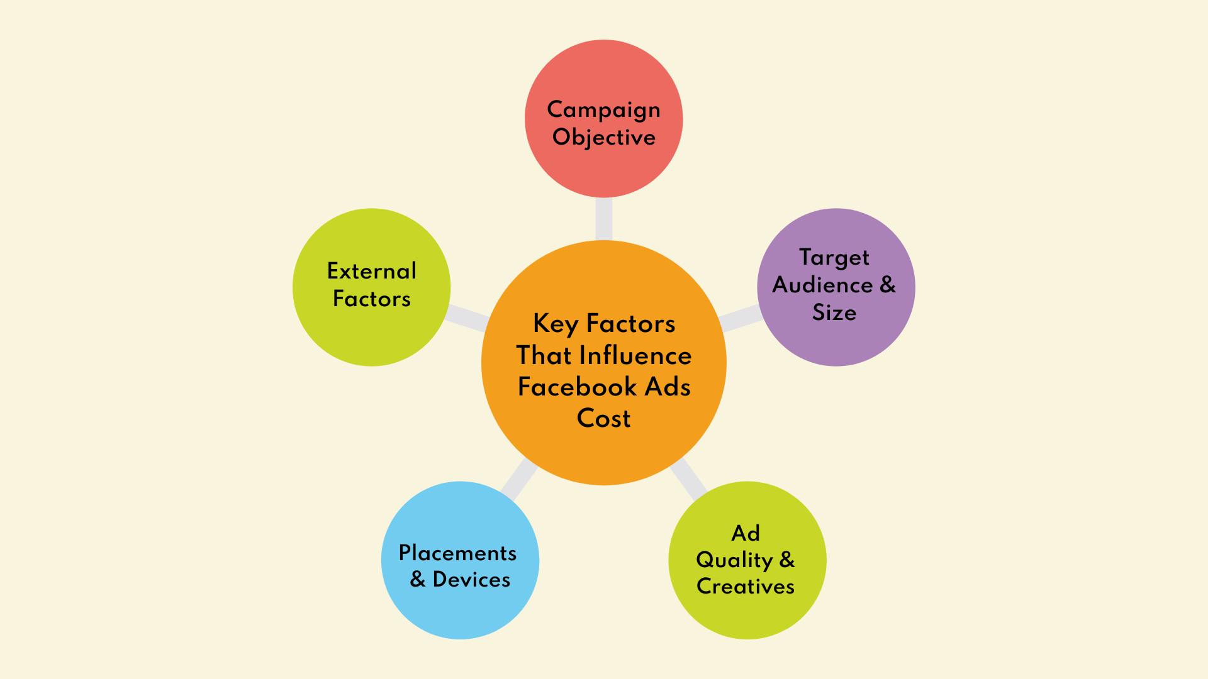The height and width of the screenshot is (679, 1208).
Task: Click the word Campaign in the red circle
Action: coord(603,110)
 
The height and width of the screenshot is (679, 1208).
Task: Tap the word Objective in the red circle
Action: coord(603,138)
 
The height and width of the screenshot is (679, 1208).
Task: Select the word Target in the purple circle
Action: coord(834,258)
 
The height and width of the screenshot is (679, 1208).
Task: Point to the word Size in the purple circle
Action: coord(834,312)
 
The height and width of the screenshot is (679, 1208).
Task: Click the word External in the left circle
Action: coord(371,272)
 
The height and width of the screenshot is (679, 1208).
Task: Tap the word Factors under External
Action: coord(371,299)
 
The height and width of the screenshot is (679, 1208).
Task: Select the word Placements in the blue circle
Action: coord(457,553)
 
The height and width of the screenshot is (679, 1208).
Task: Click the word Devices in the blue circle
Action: coord(471,580)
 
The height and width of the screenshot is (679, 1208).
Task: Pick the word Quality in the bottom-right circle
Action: coord(734,560)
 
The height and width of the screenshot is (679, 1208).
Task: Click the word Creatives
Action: coord(746,587)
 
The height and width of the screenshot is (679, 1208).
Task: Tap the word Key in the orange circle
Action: coord(555,324)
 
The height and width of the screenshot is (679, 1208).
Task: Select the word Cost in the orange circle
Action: coord(603,419)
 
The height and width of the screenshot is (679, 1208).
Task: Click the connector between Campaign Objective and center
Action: coord(603,219)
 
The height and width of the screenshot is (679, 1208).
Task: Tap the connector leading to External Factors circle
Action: coord(466,317)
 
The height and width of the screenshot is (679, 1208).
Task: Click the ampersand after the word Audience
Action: coord(887,285)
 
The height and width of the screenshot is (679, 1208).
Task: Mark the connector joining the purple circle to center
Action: coord(741,318)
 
